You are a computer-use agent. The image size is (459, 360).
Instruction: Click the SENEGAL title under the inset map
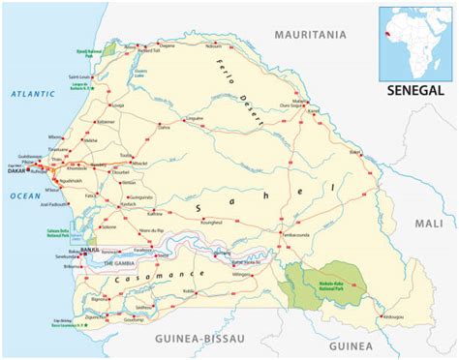click(x=414, y=90)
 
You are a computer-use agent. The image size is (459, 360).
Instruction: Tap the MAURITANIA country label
click(x=309, y=34)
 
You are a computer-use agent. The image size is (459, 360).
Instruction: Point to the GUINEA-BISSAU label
click(x=198, y=339)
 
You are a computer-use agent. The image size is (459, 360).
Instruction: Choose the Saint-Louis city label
click(x=78, y=75)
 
